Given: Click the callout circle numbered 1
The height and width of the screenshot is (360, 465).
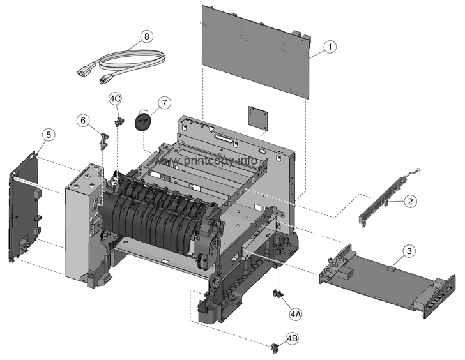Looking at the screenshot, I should coord(329,46).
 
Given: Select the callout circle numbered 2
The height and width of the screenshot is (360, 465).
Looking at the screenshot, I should coord(411,200).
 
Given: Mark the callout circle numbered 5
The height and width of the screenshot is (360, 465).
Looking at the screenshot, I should coord(48,135).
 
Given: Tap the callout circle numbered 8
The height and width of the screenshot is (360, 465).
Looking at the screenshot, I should coord(148,36).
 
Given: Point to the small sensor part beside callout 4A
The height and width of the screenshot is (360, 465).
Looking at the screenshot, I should coord(278,293).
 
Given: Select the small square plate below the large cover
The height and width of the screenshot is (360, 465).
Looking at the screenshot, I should coord(257,118).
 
